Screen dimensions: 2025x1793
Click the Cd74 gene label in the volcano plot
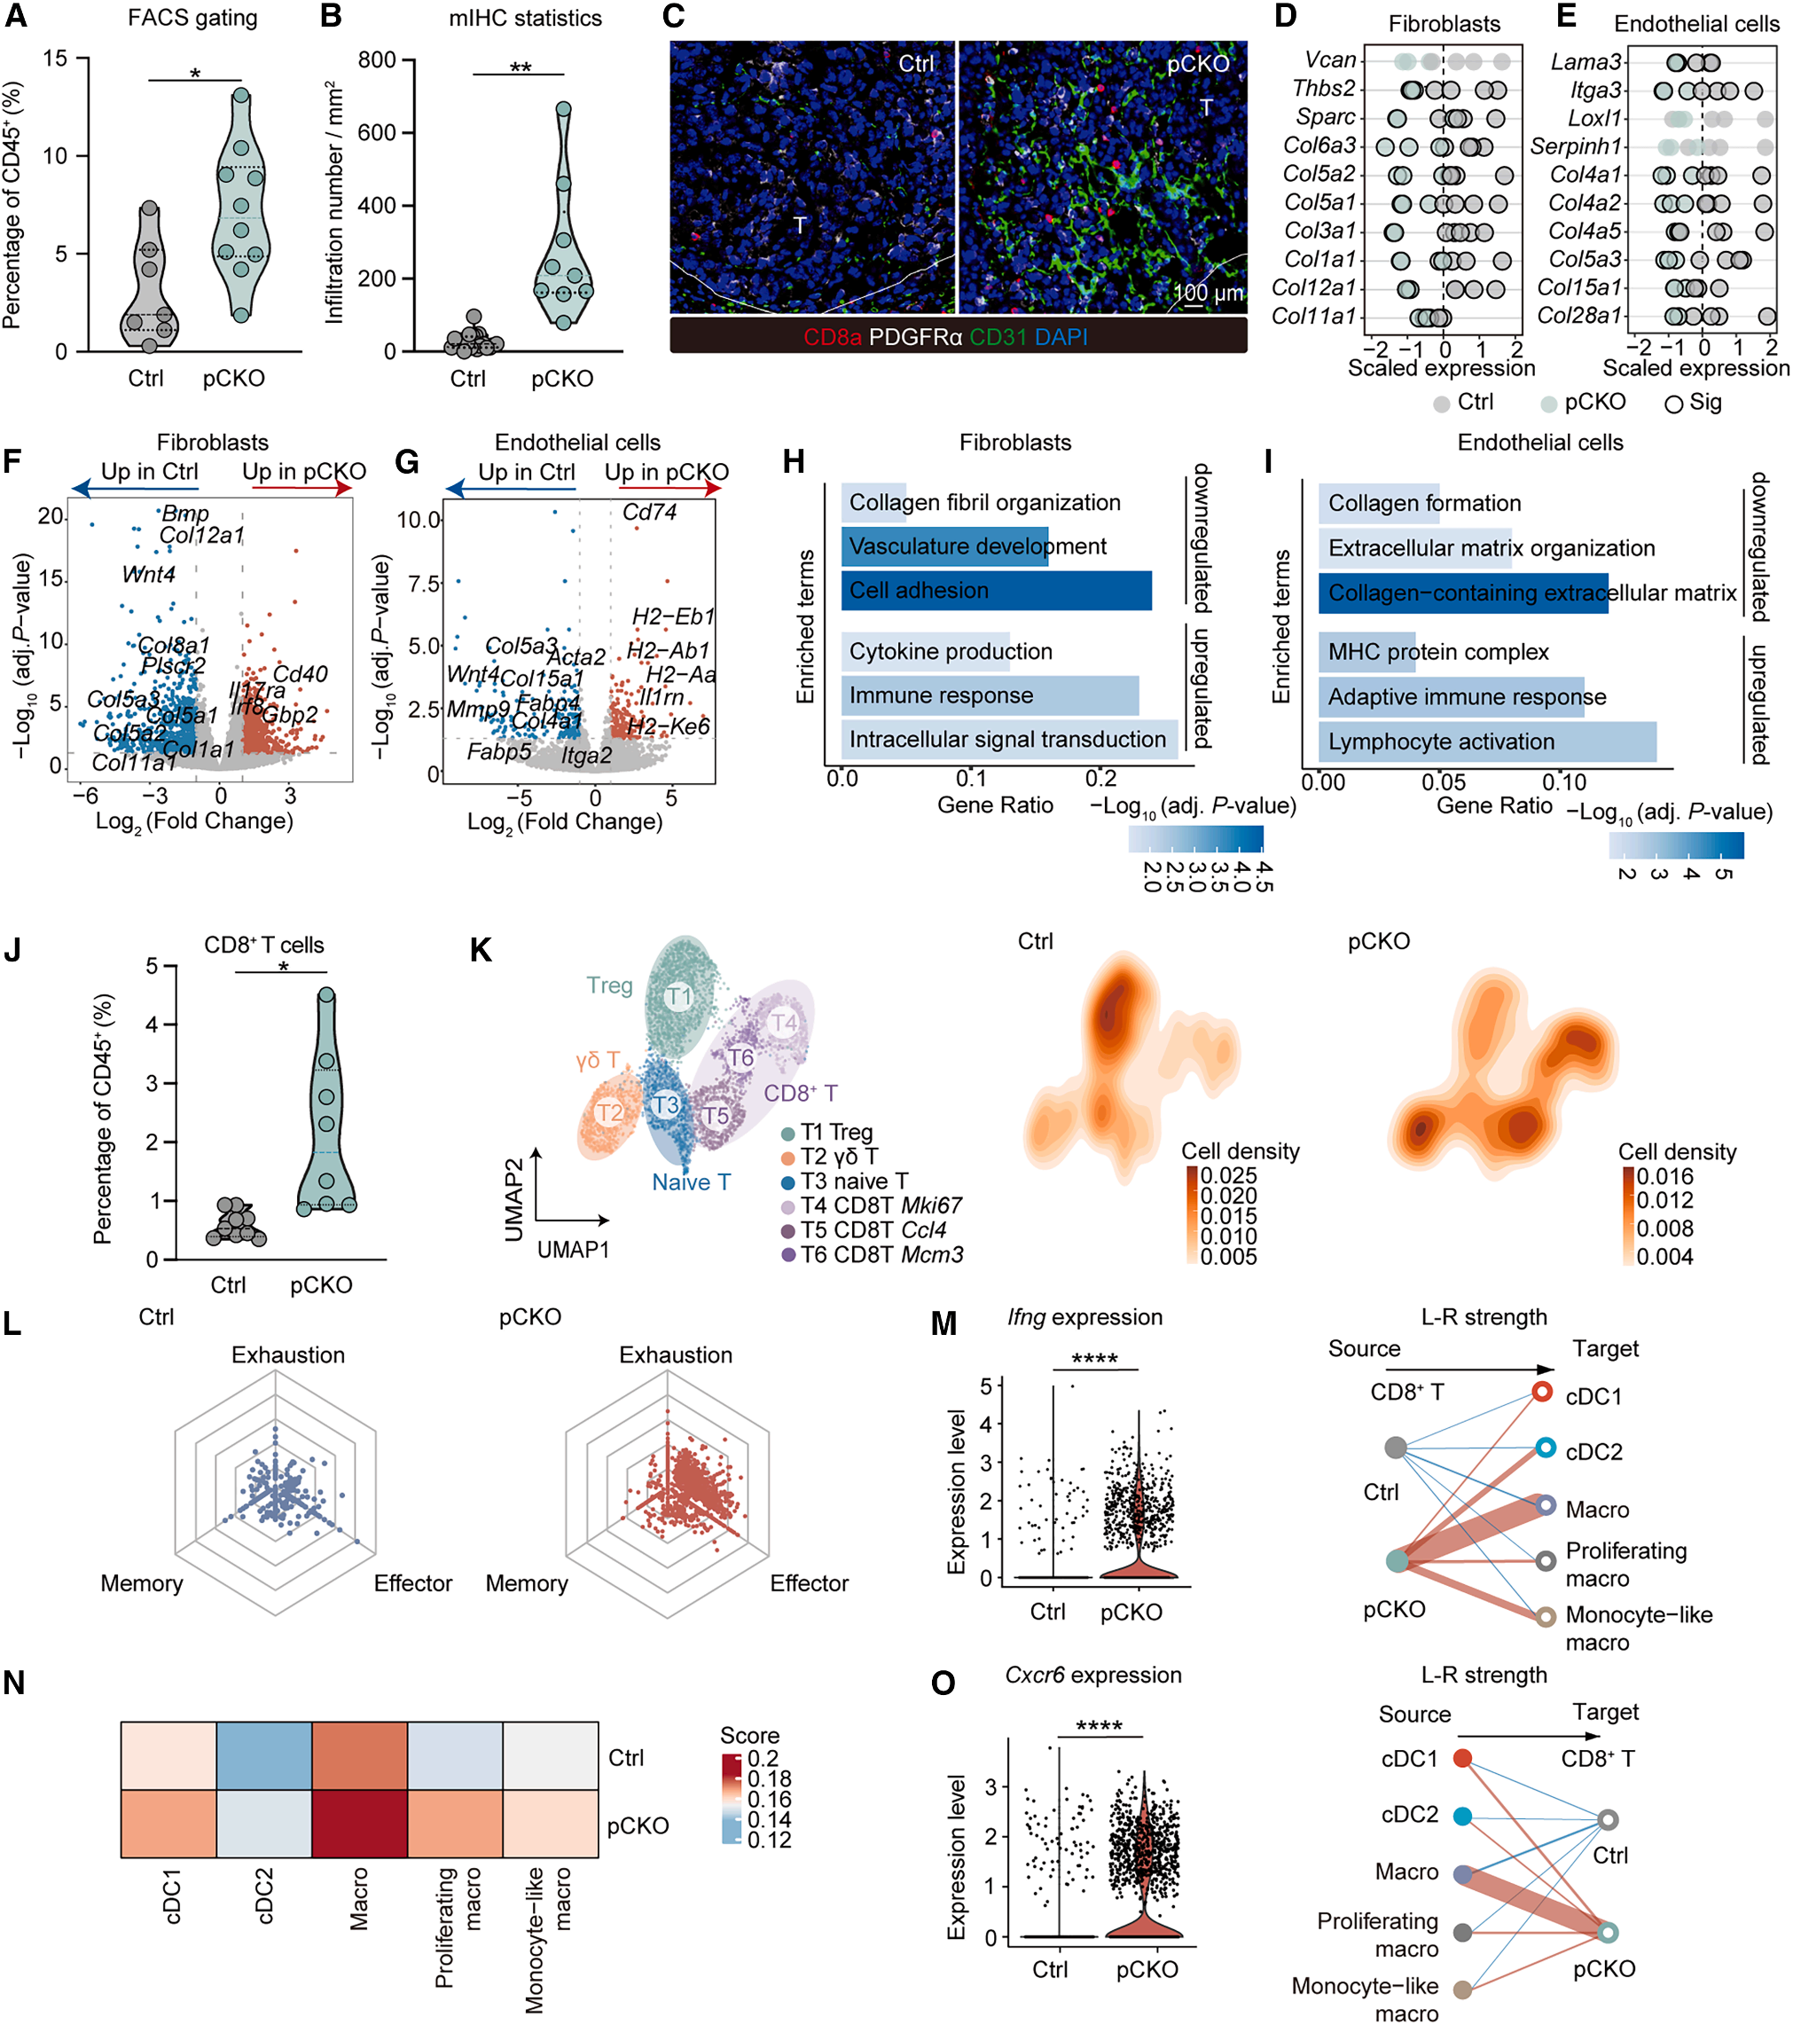click(649, 512)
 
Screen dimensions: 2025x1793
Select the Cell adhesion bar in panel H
click(996, 591)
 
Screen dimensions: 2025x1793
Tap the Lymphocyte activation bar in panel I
click(1486, 742)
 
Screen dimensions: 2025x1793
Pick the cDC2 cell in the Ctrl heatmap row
click(264, 1756)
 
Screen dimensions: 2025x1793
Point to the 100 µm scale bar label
click(1209, 294)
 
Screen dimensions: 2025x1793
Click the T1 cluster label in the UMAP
click(678, 996)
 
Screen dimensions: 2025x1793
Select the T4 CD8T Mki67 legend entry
click(880, 1205)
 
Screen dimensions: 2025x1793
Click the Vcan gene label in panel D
click(1329, 60)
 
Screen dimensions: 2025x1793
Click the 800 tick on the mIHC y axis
click(377, 59)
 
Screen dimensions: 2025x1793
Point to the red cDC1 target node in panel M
click(1541, 1392)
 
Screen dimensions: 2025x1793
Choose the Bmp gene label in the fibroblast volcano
click(185, 514)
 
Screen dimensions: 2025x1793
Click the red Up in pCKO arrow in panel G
click(670, 489)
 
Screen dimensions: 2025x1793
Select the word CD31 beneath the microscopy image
click(997, 337)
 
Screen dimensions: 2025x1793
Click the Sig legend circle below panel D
click(1673, 404)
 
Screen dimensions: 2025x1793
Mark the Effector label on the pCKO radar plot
click(809, 1584)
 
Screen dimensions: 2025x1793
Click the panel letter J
click(13, 950)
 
